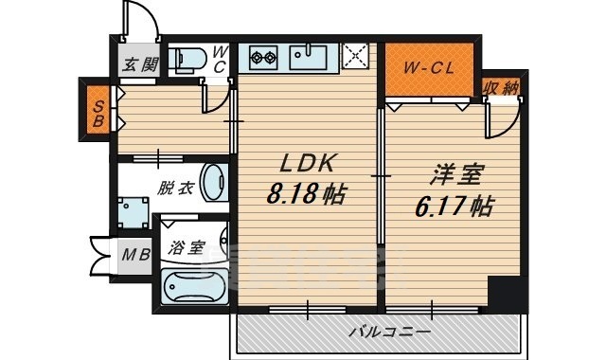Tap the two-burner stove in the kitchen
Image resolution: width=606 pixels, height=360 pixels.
coord(263,58)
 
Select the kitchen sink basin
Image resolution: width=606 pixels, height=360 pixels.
coord(309,58)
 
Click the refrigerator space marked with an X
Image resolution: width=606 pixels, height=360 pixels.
coord(355,57)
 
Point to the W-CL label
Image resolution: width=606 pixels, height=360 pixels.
coord(429,69)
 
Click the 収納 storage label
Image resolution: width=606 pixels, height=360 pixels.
coord(500,88)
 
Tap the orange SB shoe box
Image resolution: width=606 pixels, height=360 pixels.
coord(98,113)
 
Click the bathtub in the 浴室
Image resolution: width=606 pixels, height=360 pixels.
coord(194,287)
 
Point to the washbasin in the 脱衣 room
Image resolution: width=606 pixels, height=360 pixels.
coord(215,183)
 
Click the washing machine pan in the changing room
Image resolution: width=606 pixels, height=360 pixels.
coord(133,213)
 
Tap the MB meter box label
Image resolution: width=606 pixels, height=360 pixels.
coord(135,255)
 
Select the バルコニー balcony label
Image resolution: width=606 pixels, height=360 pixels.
coord(389,333)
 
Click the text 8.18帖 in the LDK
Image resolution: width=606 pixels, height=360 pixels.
coord(306,193)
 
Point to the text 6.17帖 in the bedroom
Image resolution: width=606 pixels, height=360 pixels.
coord(454,207)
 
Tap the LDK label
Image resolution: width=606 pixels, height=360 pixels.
coord(306,164)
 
